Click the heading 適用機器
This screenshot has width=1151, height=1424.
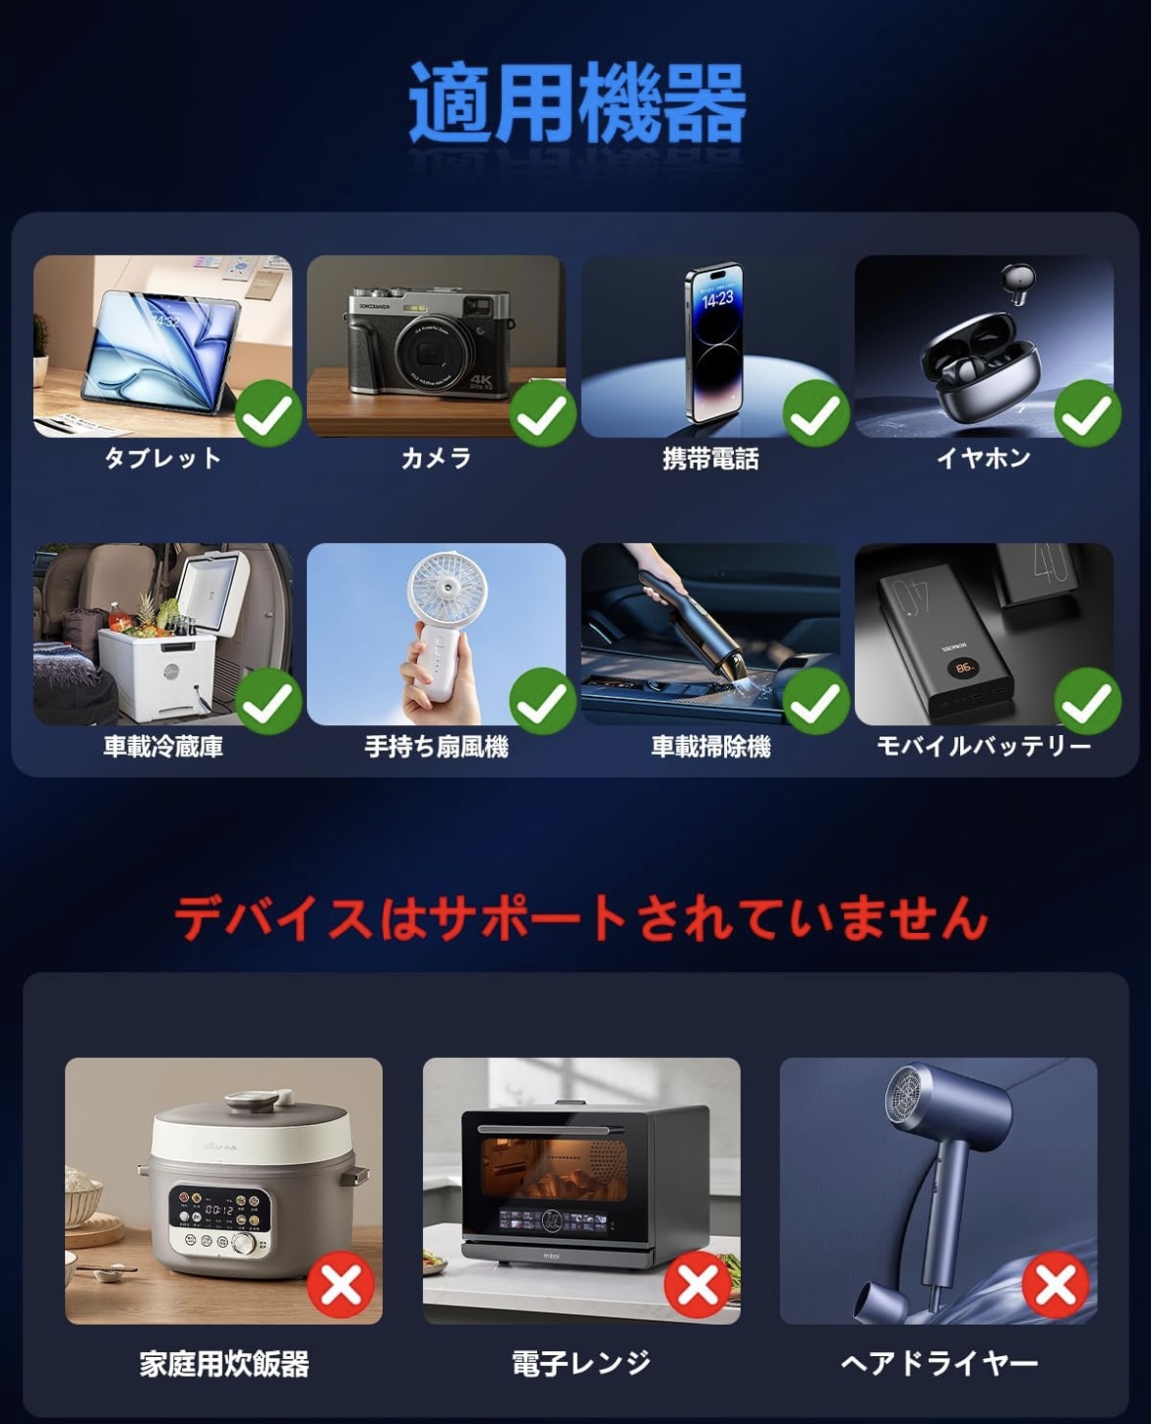coord(576,102)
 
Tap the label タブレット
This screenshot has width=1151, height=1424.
coord(162,459)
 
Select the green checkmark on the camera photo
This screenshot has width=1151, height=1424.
coord(543,413)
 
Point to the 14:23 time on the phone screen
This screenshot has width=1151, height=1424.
coord(717,298)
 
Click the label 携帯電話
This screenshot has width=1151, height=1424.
coord(710,460)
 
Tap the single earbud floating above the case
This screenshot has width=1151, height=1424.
coord(1017,283)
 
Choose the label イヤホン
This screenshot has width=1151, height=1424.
coord(983,459)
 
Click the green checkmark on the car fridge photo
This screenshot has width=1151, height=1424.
coord(269,702)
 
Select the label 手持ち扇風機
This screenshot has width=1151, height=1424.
coord(437,747)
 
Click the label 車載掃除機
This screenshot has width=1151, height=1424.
coord(710,747)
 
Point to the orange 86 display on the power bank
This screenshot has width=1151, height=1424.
coord(964,667)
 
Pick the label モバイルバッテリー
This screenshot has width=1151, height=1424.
coord(983,746)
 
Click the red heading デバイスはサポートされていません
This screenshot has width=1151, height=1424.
coord(580,918)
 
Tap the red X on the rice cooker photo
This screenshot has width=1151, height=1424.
coord(341,1284)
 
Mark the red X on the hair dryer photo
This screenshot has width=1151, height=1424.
coord(1056,1284)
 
